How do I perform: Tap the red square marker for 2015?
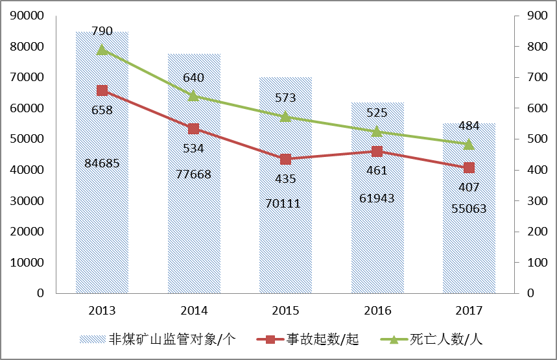285,159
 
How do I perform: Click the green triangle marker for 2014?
193,96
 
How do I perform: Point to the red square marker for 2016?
377,151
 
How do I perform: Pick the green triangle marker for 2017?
469,144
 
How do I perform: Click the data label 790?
102,30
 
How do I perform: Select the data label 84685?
102,163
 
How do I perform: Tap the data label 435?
285,178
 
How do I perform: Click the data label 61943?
377,197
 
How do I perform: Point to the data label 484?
469,125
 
